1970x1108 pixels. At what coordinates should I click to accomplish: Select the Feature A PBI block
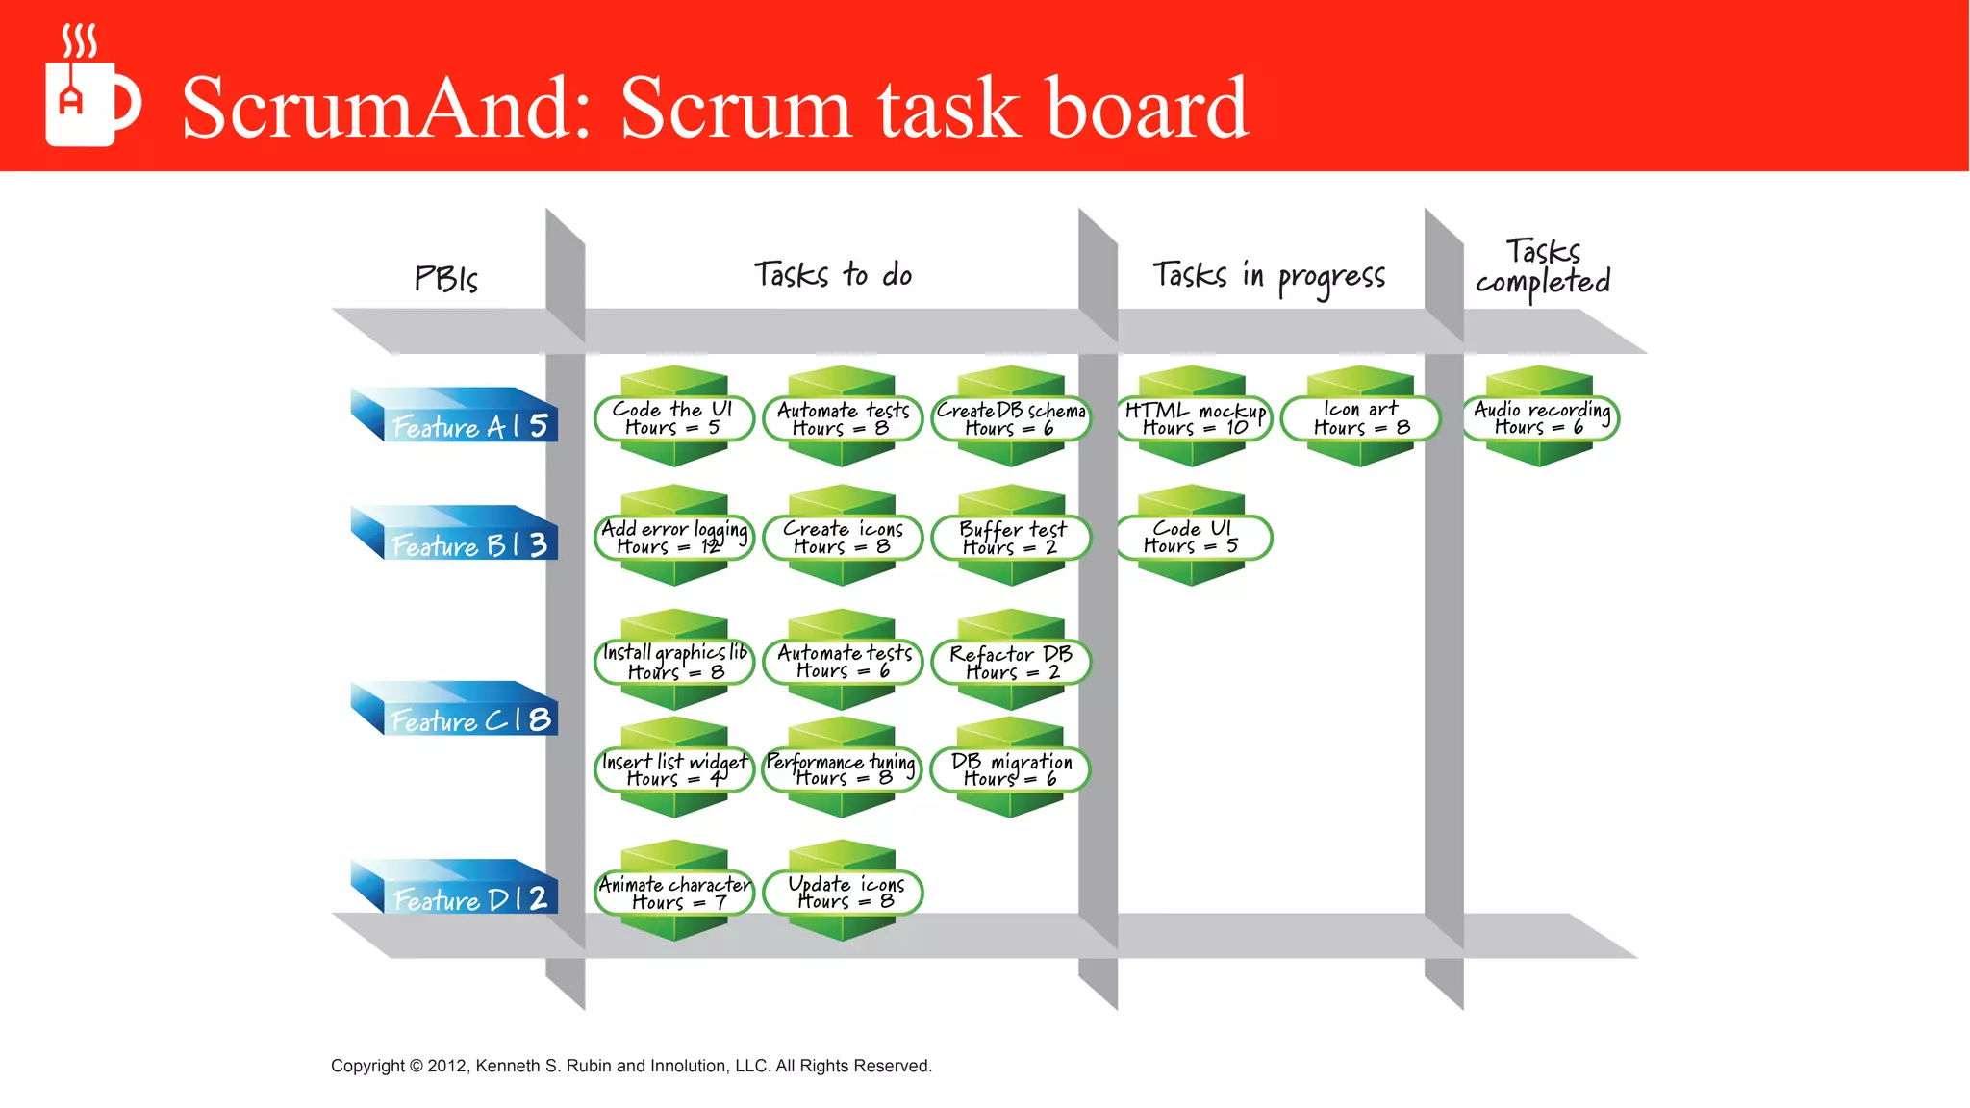(456, 416)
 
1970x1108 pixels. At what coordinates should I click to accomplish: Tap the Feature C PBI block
(456, 710)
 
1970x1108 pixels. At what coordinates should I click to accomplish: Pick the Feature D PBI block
(456, 888)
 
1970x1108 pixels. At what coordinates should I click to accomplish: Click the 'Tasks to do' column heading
(833, 275)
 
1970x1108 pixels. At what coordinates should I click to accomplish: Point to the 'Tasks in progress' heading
(1269, 277)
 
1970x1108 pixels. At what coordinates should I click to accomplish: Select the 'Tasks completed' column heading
(1543, 266)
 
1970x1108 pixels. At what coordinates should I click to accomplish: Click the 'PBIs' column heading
(445, 279)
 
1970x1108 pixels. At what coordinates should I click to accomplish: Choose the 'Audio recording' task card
(1541, 418)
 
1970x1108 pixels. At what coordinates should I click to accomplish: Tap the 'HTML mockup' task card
(1194, 418)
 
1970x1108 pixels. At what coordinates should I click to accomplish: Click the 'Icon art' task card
(1361, 418)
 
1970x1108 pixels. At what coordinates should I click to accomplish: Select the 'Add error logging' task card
(674, 538)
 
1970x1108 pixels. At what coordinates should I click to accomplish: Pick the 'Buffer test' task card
(1012, 538)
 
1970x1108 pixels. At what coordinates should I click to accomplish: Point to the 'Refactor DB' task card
(1011, 662)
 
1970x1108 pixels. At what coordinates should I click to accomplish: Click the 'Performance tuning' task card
(842, 769)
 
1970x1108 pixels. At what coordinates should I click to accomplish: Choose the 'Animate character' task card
(674, 893)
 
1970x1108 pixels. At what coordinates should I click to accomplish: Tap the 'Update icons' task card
(844, 893)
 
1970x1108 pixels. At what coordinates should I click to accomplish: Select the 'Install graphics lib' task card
(674, 662)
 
